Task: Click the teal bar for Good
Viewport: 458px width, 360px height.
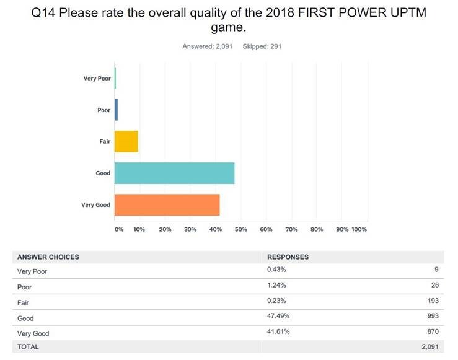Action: click(174, 173)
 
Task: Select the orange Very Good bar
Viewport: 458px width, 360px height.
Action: click(167, 205)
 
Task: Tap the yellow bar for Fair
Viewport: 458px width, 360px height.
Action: click(126, 141)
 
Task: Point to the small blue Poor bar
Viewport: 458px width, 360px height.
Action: click(116, 110)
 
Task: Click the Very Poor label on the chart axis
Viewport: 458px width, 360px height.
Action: click(97, 79)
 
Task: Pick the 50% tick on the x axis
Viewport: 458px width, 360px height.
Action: click(241, 229)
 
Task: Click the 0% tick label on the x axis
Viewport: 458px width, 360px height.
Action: click(119, 229)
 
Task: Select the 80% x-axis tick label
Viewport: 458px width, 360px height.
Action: click(317, 229)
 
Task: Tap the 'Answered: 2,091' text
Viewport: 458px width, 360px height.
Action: click(207, 46)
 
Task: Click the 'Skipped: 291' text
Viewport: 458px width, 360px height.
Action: click(262, 46)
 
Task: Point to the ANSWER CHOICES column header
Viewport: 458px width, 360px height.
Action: click(48, 257)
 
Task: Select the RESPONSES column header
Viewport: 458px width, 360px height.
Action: click(288, 257)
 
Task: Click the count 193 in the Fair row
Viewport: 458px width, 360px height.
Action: click(433, 301)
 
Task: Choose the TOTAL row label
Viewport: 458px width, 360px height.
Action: click(28, 346)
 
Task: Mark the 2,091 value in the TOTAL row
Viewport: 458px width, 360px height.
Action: click(429, 346)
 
